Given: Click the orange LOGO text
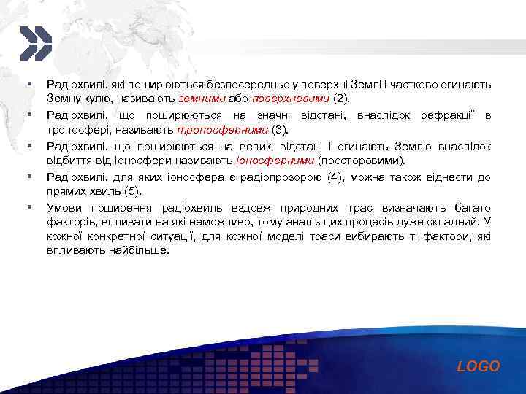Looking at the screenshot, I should pyautogui.click(x=479, y=366).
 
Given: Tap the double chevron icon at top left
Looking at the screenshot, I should pyautogui.click(x=34, y=43).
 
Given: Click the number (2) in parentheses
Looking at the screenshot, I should pyautogui.click(x=341, y=98).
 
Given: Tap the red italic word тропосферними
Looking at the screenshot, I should pyautogui.click(x=222, y=129).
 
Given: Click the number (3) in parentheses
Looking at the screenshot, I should pyautogui.click(x=281, y=129).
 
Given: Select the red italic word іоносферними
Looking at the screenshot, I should pyautogui.click(x=275, y=160).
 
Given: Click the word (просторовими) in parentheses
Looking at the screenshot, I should pyautogui.click(x=361, y=160).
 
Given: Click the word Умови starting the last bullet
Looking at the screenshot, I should pyautogui.click(x=63, y=207).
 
